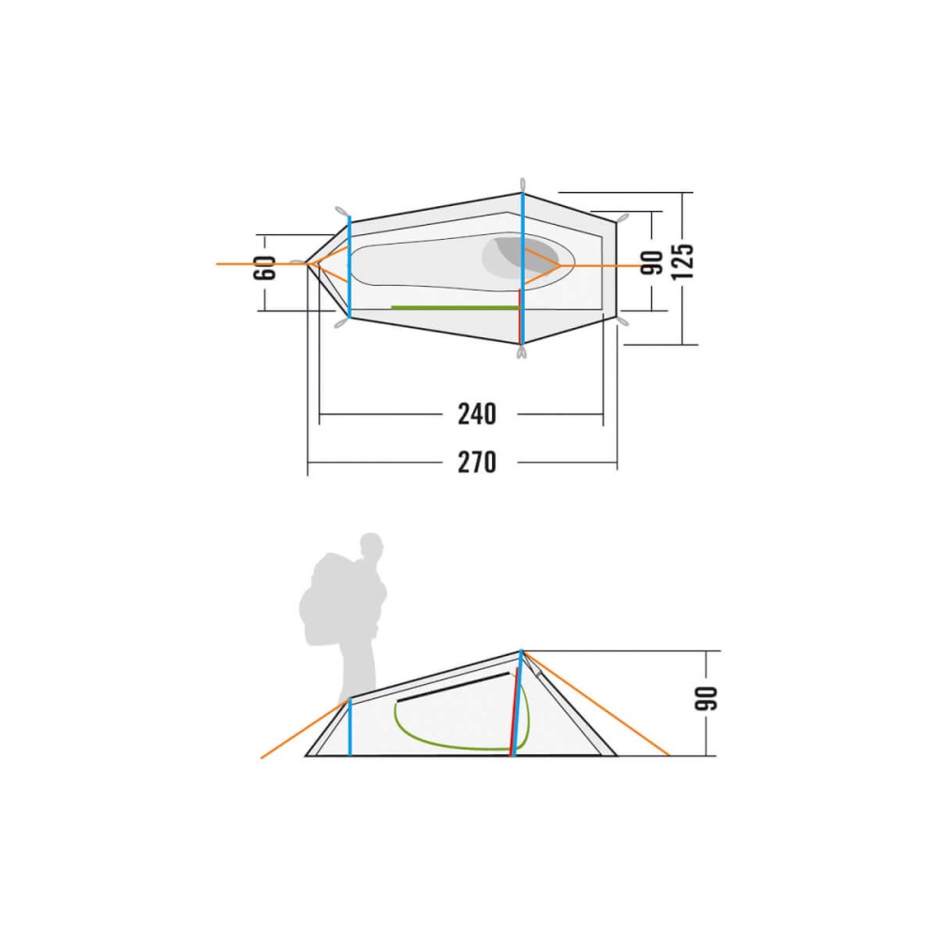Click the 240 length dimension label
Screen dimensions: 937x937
coord(477,413)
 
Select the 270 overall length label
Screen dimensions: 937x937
coord(477,462)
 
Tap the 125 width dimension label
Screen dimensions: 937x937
coord(682,261)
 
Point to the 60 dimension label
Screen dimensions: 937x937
coord(265,267)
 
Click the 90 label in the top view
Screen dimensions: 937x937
coord(652,262)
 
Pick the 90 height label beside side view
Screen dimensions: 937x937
coord(706,698)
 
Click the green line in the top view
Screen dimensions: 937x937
coord(454,307)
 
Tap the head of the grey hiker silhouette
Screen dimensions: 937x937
coord(371,545)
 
